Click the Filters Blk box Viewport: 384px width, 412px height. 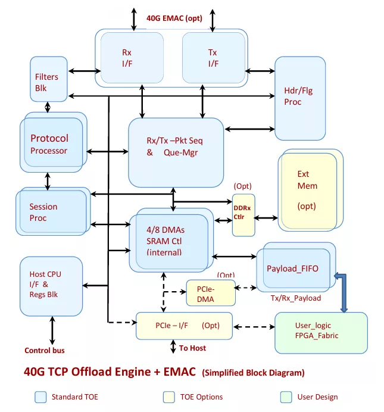pos(49,79)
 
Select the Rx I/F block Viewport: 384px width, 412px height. pos(132,58)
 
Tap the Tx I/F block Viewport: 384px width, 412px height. pos(214,58)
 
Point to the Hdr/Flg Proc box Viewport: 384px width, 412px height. pos(300,98)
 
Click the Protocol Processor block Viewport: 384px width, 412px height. pos(54,142)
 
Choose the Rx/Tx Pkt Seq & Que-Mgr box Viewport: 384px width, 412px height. pos(176,152)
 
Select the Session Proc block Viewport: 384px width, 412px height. pos(53,211)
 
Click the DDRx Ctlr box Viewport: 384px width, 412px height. pos(243,215)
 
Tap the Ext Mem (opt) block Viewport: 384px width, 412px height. pos(310,190)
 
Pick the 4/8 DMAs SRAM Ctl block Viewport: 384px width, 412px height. pos(171,240)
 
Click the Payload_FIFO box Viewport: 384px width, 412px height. pos(296,267)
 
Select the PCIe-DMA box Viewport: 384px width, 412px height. pos(211,293)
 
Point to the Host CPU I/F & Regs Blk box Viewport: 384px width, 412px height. pos(51,286)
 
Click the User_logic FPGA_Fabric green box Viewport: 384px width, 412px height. pos(321,333)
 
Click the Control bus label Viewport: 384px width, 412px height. pos(45,350)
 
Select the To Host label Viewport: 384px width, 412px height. pos(192,348)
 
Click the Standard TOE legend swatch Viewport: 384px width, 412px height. pos(40,397)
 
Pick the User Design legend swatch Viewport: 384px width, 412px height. pos(286,397)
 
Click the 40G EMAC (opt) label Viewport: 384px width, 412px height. pos(174,18)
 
